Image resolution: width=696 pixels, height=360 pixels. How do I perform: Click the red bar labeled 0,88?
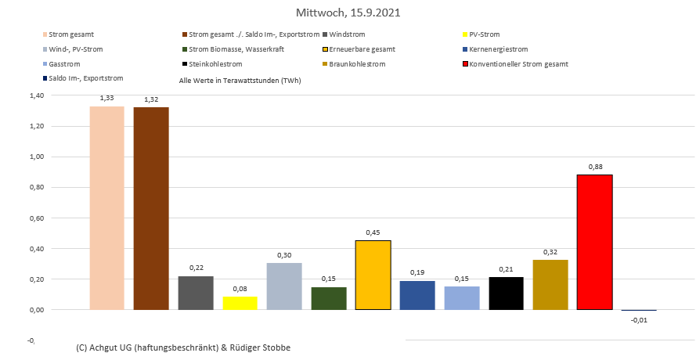(x=594, y=242)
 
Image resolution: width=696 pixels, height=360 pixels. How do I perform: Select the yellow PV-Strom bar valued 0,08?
(x=240, y=303)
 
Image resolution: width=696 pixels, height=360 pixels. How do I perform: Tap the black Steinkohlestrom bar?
(x=506, y=293)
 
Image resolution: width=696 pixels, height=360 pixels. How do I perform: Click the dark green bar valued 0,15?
(x=328, y=298)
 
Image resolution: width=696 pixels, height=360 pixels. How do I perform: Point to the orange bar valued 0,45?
(x=373, y=275)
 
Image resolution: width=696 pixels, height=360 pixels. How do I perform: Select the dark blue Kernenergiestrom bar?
(x=417, y=295)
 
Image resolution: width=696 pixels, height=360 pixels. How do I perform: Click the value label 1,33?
(x=106, y=99)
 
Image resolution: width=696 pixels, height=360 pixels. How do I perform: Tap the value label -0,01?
(x=639, y=319)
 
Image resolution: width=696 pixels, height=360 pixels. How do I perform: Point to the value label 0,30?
(x=284, y=255)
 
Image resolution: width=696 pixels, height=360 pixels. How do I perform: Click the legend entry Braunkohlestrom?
(x=358, y=63)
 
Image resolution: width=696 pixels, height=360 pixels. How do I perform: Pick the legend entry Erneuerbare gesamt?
(x=362, y=49)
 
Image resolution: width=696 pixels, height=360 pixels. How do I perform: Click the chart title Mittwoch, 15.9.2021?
(x=348, y=13)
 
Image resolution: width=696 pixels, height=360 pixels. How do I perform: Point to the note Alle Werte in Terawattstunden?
(x=240, y=81)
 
